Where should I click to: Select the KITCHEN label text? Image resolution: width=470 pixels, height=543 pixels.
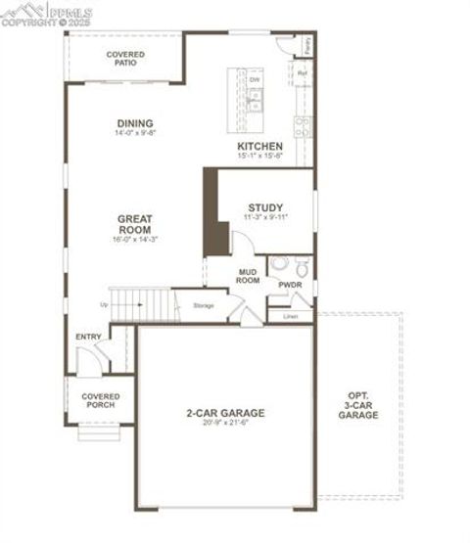259,147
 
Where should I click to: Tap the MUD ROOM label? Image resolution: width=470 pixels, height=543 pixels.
248,276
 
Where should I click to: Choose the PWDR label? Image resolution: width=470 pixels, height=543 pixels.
290,286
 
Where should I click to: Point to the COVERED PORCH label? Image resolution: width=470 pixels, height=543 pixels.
100,400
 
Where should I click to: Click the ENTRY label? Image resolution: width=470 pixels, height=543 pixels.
88,338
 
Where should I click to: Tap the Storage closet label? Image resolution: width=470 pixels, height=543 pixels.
204,306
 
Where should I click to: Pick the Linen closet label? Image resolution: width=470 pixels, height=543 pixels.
290,317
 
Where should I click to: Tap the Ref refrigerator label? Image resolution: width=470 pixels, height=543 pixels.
302,73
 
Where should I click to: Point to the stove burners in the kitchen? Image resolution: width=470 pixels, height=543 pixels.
303,125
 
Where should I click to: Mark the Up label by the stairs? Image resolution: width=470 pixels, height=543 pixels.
105,304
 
